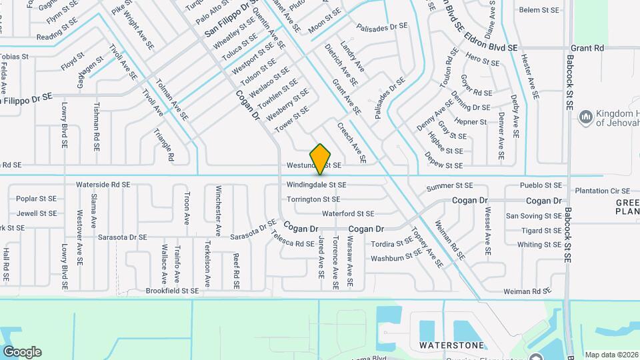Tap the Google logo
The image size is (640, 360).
(x=22, y=352)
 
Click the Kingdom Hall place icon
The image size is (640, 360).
(x=586, y=117)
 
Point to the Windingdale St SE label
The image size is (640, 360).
(x=316, y=185)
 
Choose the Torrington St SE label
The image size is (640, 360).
(x=313, y=199)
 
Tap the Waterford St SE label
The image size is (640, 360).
(x=348, y=214)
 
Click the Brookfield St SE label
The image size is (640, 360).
(x=172, y=291)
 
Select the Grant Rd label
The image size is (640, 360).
(x=587, y=48)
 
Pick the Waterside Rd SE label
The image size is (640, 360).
(x=103, y=184)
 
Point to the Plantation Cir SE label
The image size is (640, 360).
(x=602, y=190)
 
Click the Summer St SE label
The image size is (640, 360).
(x=449, y=185)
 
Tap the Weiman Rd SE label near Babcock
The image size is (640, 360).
(x=527, y=291)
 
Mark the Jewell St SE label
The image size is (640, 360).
(x=37, y=214)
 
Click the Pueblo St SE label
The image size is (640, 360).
(x=543, y=185)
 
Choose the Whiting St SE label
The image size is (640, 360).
(x=539, y=245)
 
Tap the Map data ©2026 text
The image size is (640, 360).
(x=611, y=355)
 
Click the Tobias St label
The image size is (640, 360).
(x=15, y=57)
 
